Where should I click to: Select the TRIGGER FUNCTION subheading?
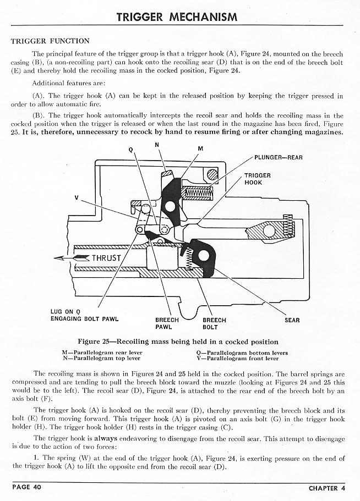pos(50,41)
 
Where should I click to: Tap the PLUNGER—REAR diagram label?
pos(279,157)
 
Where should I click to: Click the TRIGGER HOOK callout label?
pos(257,179)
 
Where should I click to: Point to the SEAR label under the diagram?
pos(292,320)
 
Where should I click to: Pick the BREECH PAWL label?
pos(167,323)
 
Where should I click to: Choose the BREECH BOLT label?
pos(214,323)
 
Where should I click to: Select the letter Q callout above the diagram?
pos(130,150)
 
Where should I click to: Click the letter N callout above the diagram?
pos(157,144)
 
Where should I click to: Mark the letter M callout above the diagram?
pos(199,149)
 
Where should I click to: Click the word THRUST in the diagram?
pos(106,258)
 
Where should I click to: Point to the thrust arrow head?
pos(59,258)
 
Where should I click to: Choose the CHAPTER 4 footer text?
pos(327,488)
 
